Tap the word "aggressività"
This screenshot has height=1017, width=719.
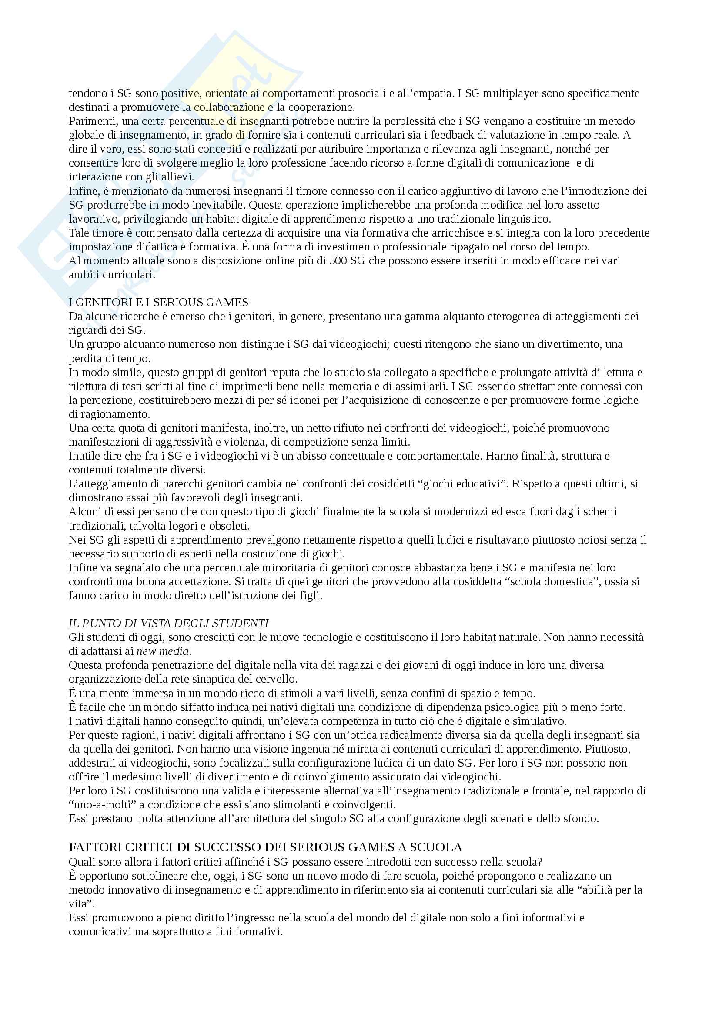point(184,442)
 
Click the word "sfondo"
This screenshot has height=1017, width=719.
point(581,819)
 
